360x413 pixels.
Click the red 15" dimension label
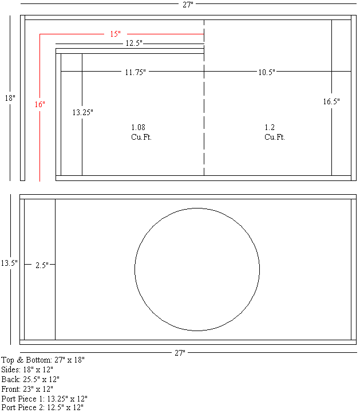click(x=115, y=34)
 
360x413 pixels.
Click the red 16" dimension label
click(x=39, y=105)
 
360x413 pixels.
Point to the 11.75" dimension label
click(x=136, y=72)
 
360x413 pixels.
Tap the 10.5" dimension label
click(x=267, y=72)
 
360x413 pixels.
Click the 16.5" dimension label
click(x=331, y=101)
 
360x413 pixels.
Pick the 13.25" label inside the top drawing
click(x=82, y=113)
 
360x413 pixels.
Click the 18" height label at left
click(x=10, y=98)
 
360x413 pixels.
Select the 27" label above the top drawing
click(x=188, y=5)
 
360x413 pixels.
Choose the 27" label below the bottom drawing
click(x=180, y=353)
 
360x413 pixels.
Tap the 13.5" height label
click(x=9, y=263)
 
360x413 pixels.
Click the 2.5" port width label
click(x=42, y=265)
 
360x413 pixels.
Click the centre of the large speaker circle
click(x=197, y=269)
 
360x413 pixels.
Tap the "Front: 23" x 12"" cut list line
click(x=27, y=389)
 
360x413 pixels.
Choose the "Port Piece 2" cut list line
click(x=42, y=407)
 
